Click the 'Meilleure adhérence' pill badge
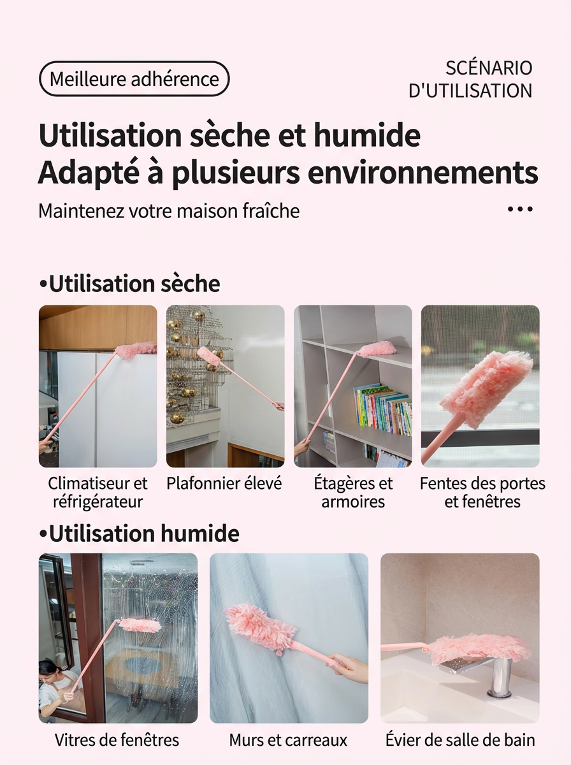134,79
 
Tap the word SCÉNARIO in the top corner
489,68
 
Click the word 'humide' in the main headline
367,135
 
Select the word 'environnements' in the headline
423,173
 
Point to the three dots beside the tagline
520,209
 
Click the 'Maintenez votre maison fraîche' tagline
169,211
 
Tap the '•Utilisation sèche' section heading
129,284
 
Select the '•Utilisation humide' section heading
140,533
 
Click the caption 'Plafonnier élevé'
224,483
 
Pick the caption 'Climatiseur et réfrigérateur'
98,492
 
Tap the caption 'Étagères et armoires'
353,492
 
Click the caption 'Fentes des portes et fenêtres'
482,492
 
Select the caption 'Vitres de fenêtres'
117,739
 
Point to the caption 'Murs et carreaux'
288,740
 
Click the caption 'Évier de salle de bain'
460,739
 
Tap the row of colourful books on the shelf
383,409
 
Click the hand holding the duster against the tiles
348,666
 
